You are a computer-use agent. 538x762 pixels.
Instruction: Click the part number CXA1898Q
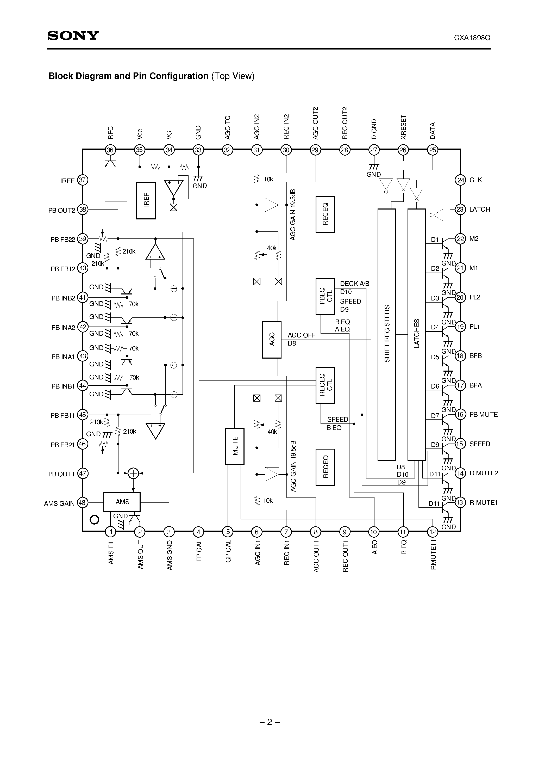click(x=472, y=38)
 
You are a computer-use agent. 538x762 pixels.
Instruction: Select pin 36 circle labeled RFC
click(x=110, y=150)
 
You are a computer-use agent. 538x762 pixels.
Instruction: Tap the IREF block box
click(x=146, y=200)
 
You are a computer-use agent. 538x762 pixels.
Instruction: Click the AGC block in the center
click(x=272, y=340)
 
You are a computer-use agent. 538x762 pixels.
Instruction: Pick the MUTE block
click(x=235, y=446)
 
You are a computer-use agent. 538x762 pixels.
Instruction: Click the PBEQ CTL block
click(x=325, y=296)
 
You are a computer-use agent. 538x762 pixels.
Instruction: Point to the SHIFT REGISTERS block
click(x=387, y=335)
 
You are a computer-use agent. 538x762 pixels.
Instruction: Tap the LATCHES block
click(x=417, y=335)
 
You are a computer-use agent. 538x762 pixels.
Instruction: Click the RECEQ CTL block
click(x=325, y=385)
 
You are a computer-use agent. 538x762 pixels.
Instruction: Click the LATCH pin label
click(x=480, y=210)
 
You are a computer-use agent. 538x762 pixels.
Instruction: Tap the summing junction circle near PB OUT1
click(x=133, y=473)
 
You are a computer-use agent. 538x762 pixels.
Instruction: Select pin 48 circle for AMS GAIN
click(x=82, y=502)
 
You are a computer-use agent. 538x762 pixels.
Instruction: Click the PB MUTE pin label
click(x=483, y=415)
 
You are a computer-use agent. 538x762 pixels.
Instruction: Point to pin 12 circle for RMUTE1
click(x=433, y=532)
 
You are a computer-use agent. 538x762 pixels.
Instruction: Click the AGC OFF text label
click(x=302, y=335)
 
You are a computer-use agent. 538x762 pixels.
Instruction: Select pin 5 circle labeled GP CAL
click(x=228, y=532)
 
